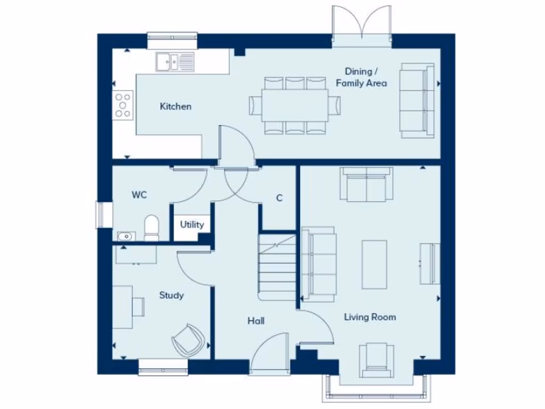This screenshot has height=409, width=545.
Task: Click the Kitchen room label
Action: coord(176,107)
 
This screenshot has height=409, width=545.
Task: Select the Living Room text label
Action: coord(369,317)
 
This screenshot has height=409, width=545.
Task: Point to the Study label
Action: coord(171,295)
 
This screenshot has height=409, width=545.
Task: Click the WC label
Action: coord(139,195)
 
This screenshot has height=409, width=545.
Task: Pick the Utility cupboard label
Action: coord(192,224)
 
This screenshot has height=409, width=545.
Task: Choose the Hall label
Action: coord(255,321)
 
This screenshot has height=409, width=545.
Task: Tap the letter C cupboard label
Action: coord(279,198)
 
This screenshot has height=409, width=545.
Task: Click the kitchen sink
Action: coord(175,62)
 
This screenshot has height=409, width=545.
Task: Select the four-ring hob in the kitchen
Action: coord(123,104)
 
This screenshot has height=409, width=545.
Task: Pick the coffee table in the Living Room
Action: coord(374,264)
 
